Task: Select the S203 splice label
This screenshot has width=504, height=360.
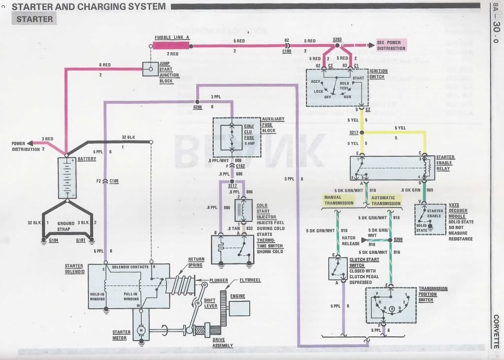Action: click(x=337, y=39)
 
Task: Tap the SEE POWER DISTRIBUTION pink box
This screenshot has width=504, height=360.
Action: click(x=391, y=45)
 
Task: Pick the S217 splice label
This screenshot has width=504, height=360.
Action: click(x=354, y=133)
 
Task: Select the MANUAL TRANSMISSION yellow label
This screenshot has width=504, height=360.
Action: click(x=338, y=200)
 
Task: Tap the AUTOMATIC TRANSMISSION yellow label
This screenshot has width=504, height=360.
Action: click(x=386, y=200)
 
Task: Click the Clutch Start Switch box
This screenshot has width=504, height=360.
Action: click(x=337, y=269)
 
